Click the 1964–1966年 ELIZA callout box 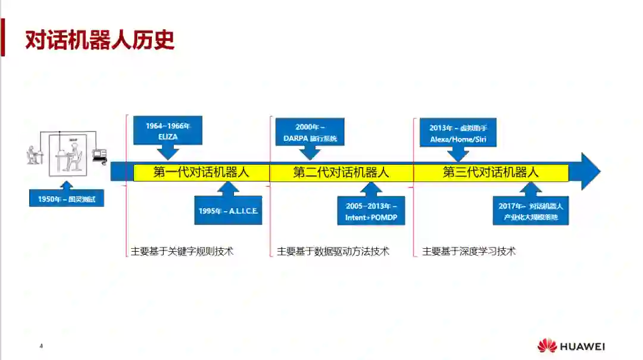pyautogui.click(x=168, y=131)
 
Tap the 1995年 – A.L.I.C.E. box pyautogui.click(x=229, y=211)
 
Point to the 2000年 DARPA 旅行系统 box pyautogui.click(x=310, y=132)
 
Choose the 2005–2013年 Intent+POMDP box pyautogui.click(x=371, y=211)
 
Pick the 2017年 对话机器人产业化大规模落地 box pyautogui.click(x=530, y=211)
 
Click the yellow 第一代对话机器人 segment pyautogui.click(x=201, y=173)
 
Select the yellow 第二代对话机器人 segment pyautogui.click(x=341, y=173)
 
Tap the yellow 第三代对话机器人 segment pyautogui.click(x=491, y=173)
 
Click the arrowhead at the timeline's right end pyautogui.click(x=589, y=171)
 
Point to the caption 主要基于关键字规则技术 pyautogui.click(x=182, y=251)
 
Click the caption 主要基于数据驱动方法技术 pyautogui.click(x=333, y=251)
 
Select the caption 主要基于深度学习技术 pyautogui.click(x=469, y=251)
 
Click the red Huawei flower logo pyautogui.click(x=547, y=346)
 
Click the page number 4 pyautogui.click(x=41, y=346)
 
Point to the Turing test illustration pyautogui.click(x=67, y=154)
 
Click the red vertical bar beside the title pyautogui.click(x=2, y=37)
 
